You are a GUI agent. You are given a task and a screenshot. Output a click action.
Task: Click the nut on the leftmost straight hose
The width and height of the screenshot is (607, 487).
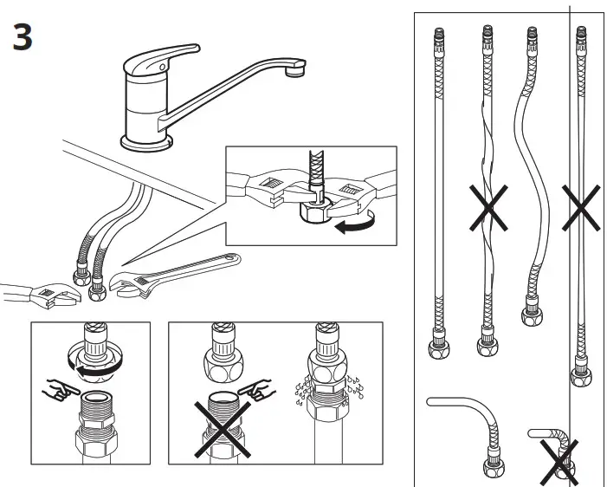pos(438,350)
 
